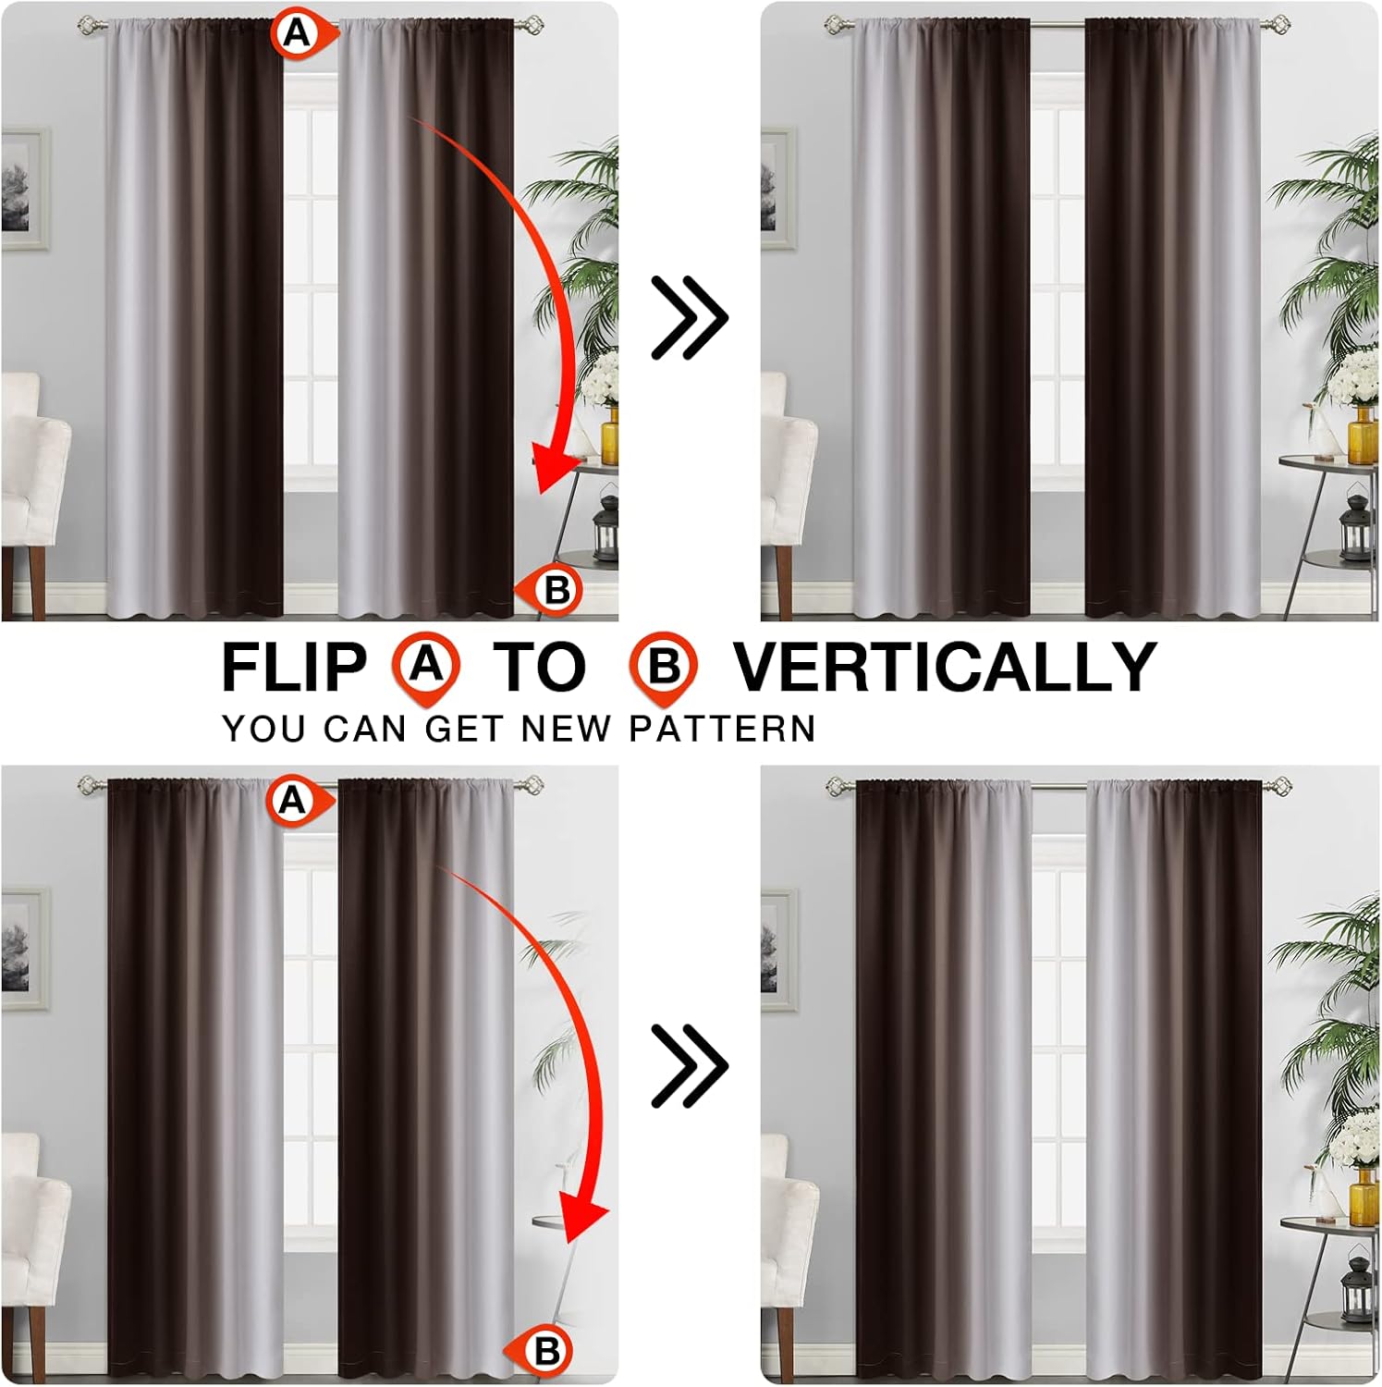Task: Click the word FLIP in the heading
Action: [x=295, y=667]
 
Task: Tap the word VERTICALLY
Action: [x=945, y=666]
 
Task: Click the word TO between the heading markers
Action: [x=539, y=667]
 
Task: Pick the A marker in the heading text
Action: [x=426, y=669]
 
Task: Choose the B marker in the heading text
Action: [x=663, y=669]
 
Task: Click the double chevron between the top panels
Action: [x=690, y=317]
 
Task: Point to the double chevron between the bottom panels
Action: [x=690, y=1066]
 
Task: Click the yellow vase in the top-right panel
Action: [x=1363, y=435]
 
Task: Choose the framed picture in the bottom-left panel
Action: [x=25, y=949]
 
